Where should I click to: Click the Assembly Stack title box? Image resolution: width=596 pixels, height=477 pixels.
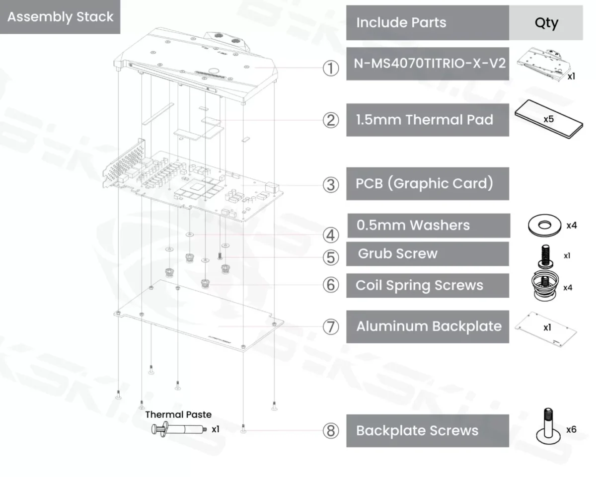click(x=60, y=17)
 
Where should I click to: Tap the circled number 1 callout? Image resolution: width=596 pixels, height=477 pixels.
click(x=331, y=69)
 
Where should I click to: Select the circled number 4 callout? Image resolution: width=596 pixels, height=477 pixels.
click(x=331, y=235)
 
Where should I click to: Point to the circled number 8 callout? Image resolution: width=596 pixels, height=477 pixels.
click(x=331, y=430)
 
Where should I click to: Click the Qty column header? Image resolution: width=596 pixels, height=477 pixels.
click(x=546, y=23)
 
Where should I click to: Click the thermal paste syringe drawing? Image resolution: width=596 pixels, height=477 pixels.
click(x=176, y=429)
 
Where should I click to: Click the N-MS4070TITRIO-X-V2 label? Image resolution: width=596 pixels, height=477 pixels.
click(x=427, y=64)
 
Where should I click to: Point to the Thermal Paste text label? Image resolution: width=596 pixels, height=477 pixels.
click(x=178, y=414)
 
